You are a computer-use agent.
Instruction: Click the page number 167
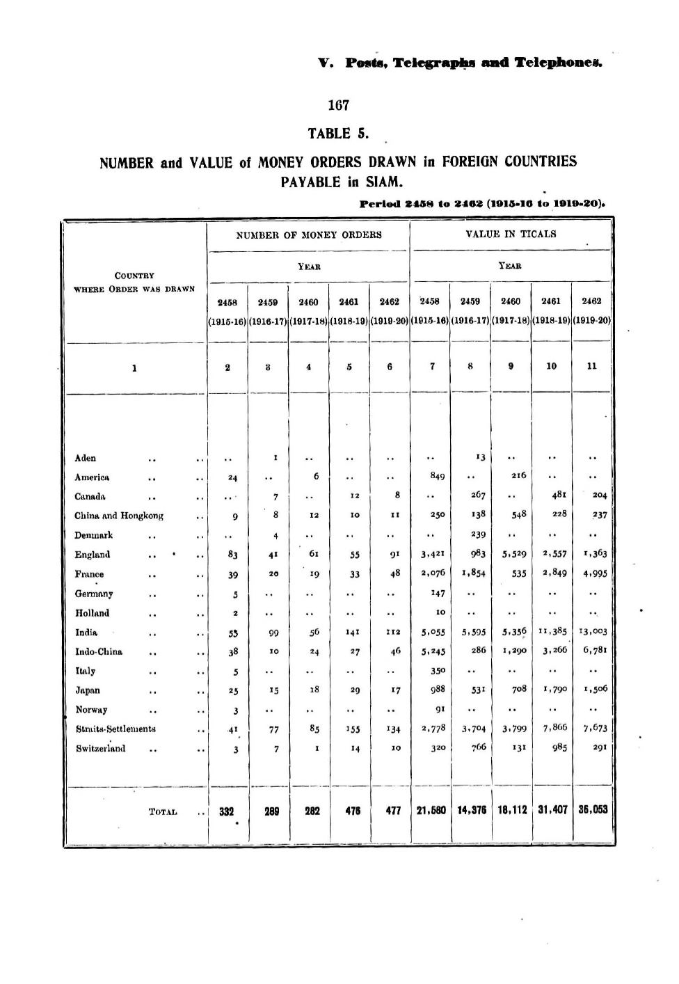(338, 106)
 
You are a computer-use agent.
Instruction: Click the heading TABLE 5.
(338, 133)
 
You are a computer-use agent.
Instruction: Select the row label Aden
(86, 458)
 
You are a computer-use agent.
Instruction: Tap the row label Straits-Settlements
(115, 729)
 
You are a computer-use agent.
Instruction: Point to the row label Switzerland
(101, 749)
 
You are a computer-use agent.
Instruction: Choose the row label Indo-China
(99, 651)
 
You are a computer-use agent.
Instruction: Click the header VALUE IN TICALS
(511, 234)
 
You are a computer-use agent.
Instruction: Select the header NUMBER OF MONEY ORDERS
(309, 235)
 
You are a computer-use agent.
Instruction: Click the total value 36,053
(592, 809)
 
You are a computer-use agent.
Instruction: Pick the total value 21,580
(431, 810)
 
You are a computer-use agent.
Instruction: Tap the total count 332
(227, 811)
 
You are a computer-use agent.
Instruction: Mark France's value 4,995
(596, 574)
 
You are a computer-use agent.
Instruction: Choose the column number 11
(592, 365)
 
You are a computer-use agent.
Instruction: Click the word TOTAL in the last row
(163, 811)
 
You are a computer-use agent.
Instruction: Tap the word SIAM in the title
(384, 182)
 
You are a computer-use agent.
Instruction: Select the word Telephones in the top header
(558, 63)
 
